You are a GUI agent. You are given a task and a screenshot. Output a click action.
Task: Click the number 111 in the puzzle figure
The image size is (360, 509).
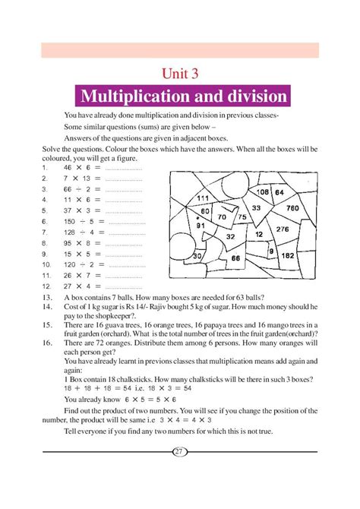203,198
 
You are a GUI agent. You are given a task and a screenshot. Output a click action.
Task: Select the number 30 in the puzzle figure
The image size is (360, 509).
197,256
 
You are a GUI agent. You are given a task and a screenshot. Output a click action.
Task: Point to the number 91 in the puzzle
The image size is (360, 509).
201,225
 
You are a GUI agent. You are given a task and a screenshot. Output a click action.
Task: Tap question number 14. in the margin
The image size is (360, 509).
47,305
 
